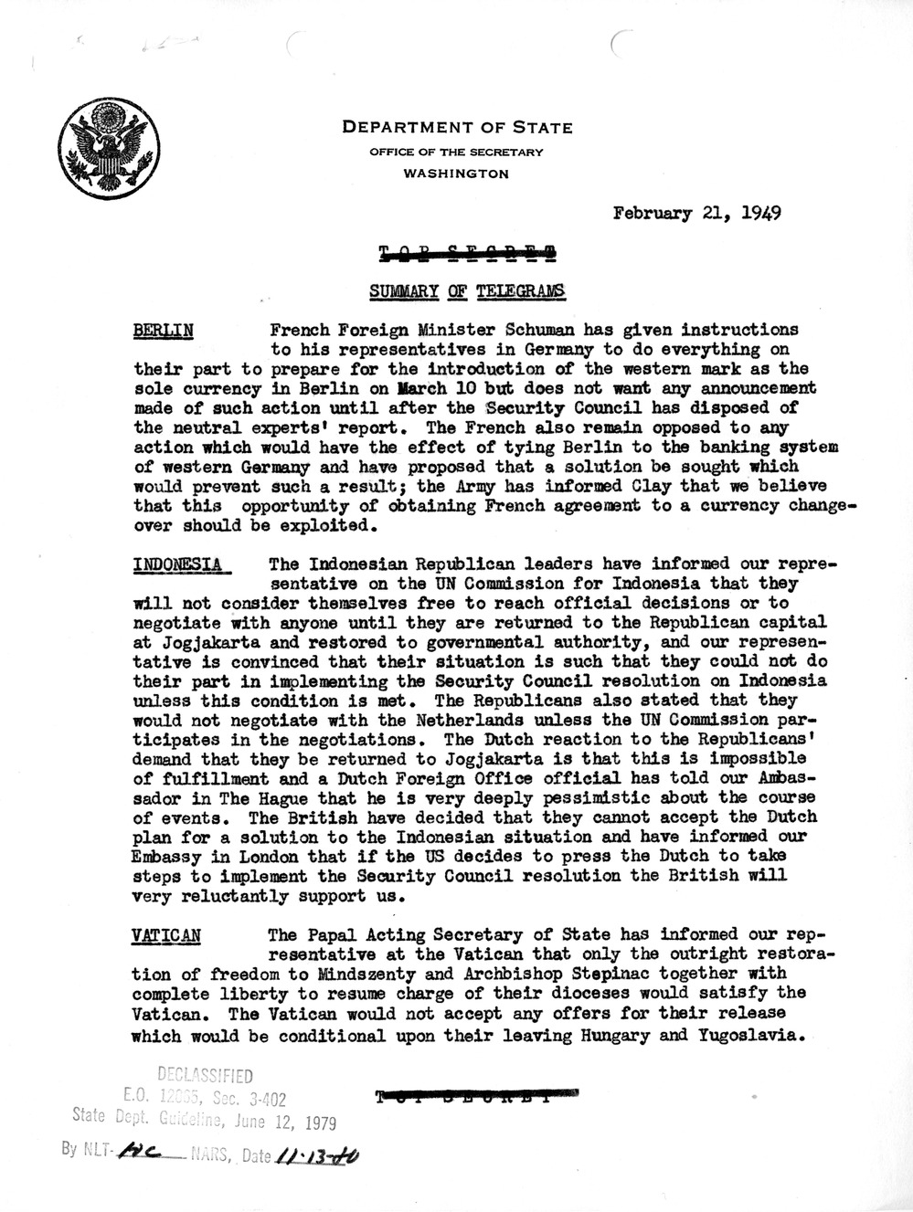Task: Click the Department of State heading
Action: click(457, 128)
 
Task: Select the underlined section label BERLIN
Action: click(163, 330)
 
